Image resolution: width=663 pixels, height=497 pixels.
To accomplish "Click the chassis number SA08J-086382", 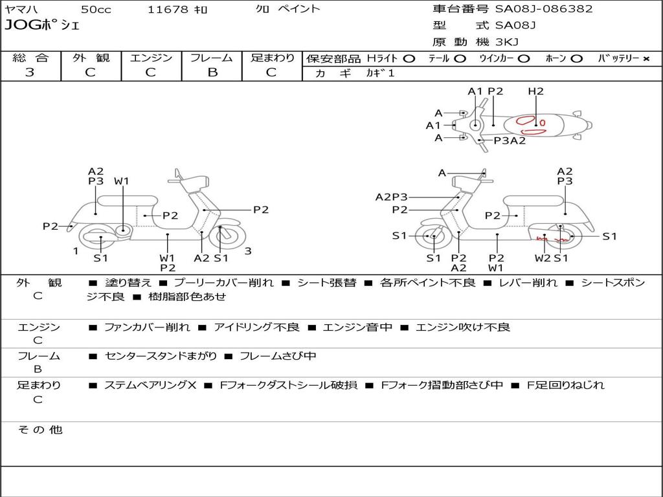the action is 544,9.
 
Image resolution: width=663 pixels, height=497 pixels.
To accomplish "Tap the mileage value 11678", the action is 168,10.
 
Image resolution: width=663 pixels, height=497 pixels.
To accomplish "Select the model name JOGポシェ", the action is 42,26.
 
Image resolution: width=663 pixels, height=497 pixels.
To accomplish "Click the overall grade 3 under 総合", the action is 30,72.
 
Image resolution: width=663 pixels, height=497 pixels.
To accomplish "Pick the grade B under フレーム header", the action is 212,72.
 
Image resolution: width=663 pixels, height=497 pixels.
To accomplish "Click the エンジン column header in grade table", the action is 151,58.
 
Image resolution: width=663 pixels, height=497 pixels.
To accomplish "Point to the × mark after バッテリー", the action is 646,58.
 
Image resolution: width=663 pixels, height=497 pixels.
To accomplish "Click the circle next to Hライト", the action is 409,58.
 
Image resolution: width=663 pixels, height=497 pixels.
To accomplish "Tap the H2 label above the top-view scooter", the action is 535,91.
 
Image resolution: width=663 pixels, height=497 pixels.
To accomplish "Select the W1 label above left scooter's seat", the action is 122,181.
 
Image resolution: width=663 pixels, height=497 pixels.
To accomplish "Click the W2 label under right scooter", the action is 542,258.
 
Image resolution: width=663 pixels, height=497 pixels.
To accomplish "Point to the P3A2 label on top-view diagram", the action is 510,140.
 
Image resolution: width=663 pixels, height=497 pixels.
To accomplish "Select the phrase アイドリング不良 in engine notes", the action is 256,327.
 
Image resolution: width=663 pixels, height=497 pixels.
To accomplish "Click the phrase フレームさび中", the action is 278,356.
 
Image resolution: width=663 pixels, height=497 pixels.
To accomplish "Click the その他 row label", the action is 40,430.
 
